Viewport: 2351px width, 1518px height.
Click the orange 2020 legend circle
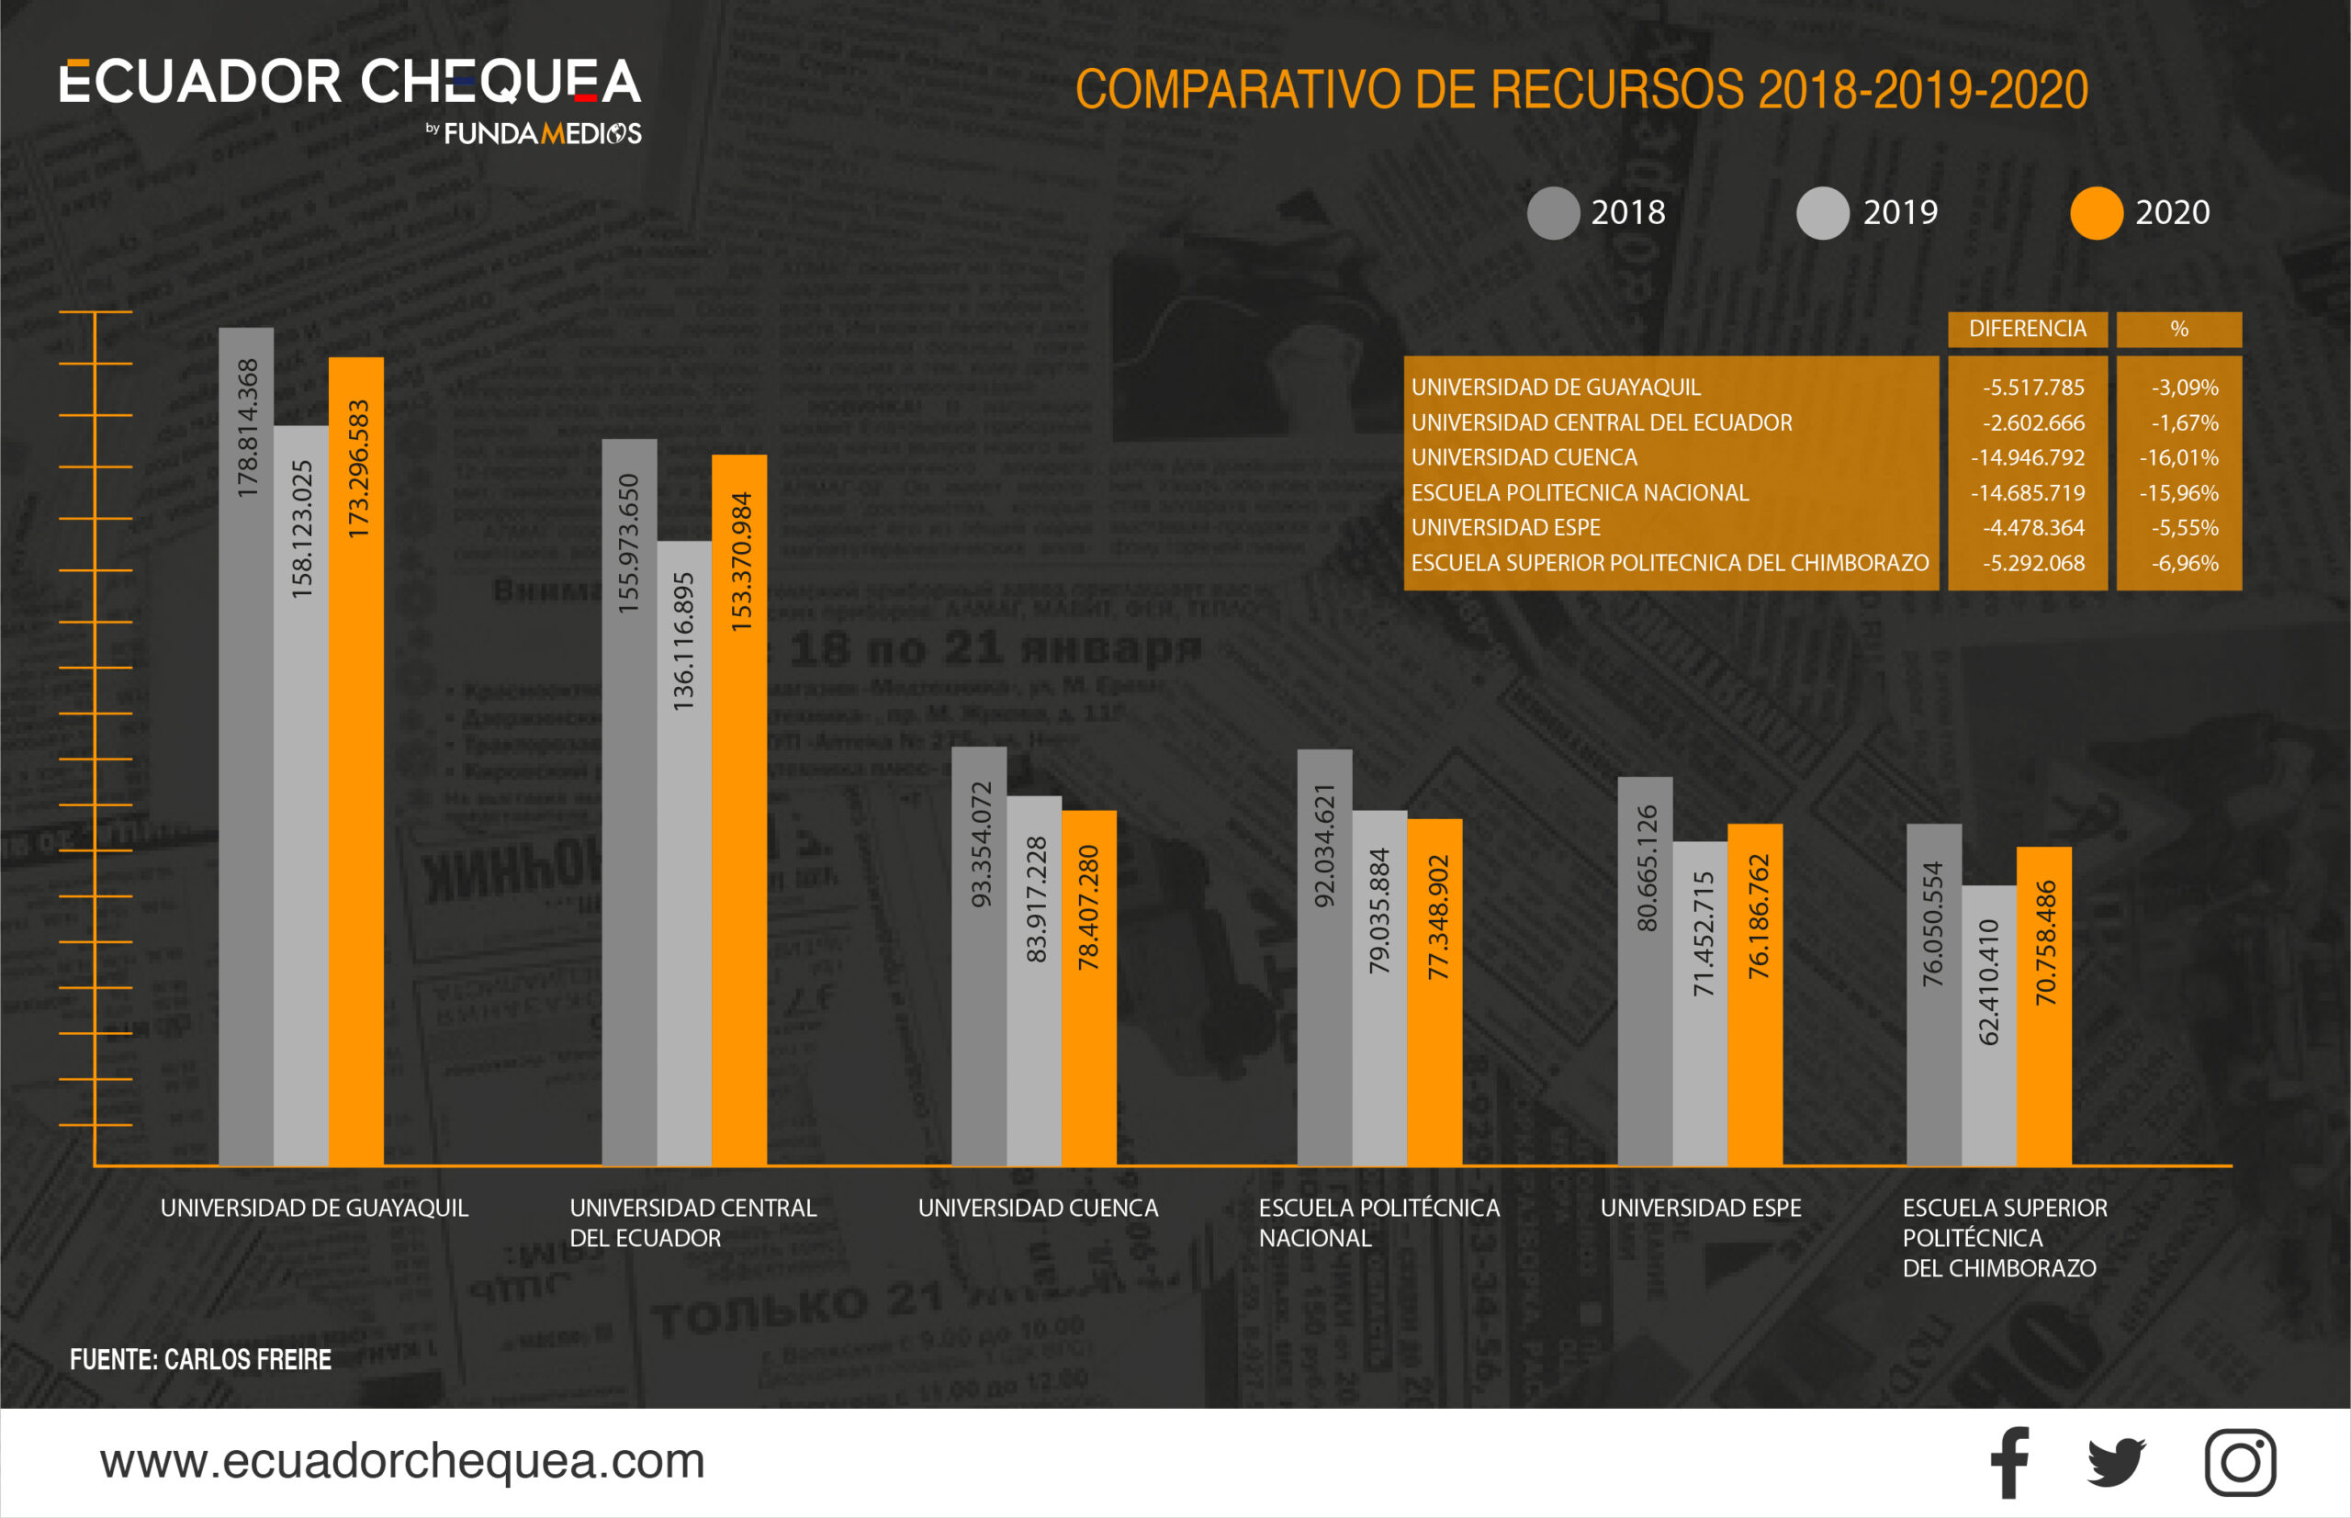(x=2096, y=213)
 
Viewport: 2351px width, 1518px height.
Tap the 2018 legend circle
(x=1553, y=213)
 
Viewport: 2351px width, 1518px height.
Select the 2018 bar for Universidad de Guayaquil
(x=245, y=749)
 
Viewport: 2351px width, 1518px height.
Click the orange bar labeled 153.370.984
(x=738, y=808)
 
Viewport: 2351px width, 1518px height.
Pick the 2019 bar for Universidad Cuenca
(x=1033, y=981)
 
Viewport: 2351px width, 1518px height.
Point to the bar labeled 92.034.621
(x=1324, y=956)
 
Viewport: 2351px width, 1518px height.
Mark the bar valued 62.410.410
(x=1988, y=1025)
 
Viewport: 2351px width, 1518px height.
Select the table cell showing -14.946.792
(x=2027, y=457)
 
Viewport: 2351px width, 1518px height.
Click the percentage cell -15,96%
(x=2178, y=493)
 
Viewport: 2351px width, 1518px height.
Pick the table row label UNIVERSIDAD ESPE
(x=1505, y=528)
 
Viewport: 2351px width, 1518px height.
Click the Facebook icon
(x=2009, y=1463)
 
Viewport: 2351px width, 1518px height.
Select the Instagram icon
(x=2240, y=1463)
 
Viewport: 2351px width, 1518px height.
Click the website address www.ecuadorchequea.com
(x=402, y=1461)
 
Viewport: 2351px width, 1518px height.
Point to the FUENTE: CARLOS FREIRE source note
(x=200, y=1359)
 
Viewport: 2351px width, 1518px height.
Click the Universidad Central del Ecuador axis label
(x=692, y=1222)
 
